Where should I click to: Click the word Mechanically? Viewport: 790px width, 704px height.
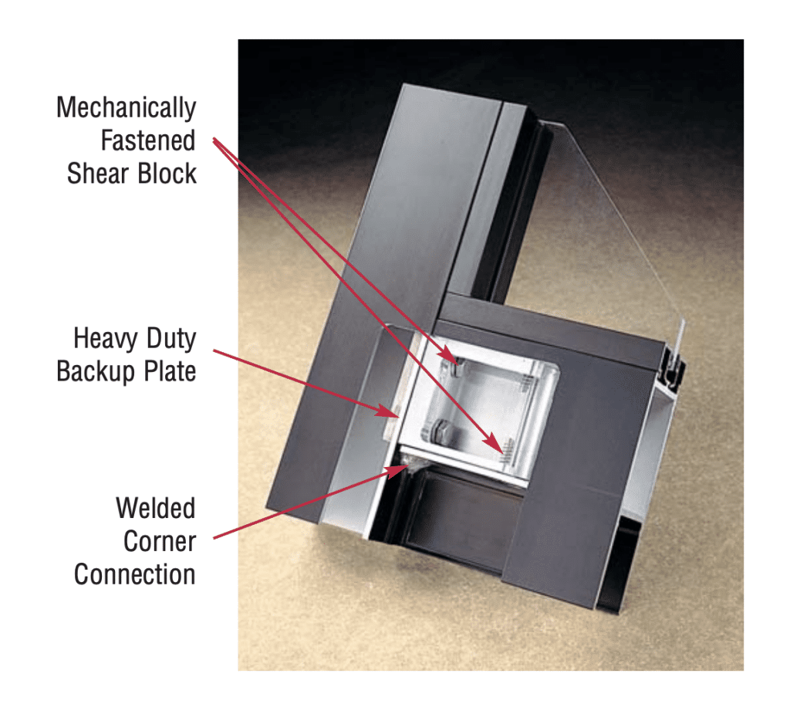coord(126,108)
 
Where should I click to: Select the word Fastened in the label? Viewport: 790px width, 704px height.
coord(148,140)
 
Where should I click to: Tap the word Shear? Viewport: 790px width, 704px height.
coord(98,174)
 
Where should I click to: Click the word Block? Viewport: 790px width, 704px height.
coord(167,174)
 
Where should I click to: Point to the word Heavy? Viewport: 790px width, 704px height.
coord(105,338)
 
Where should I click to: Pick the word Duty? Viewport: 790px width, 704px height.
coord(171,338)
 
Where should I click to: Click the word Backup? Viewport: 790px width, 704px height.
coord(96,372)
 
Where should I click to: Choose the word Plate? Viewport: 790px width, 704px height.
coord(170,371)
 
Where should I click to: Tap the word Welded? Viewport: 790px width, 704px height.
coord(156,508)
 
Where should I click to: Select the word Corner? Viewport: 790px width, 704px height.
coord(160,541)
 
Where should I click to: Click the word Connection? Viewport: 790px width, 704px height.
coord(135,574)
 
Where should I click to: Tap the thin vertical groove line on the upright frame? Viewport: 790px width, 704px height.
coord(468,201)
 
